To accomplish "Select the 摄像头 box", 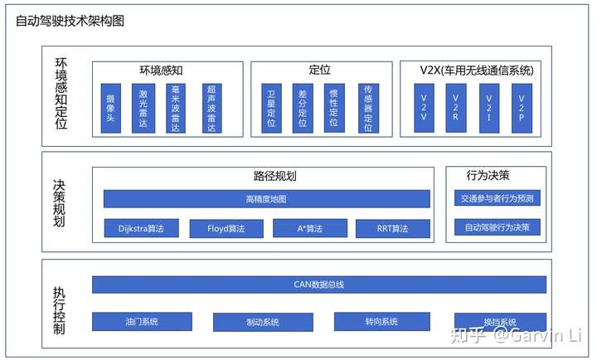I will click(x=110, y=107).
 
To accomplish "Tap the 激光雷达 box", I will click(x=143, y=107).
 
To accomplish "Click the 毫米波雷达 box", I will click(x=177, y=107).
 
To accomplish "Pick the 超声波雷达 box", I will click(x=211, y=107).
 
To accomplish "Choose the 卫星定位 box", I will click(x=270, y=107).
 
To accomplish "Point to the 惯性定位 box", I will click(x=334, y=107).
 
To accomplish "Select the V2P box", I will click(x=522, y=107).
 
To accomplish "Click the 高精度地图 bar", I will click(x=266, y=199).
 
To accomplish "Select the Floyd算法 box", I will click(x=226, y=228).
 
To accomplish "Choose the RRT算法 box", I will click(x=392, y=228).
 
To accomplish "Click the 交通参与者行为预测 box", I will click(x=498, y=198).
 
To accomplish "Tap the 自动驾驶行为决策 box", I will click(x=498, y=226).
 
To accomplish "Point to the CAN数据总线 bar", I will click(x=318, y=285).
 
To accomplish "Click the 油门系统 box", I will click(x=142, y=321).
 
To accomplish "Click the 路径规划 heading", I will click(x=274, y=176).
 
